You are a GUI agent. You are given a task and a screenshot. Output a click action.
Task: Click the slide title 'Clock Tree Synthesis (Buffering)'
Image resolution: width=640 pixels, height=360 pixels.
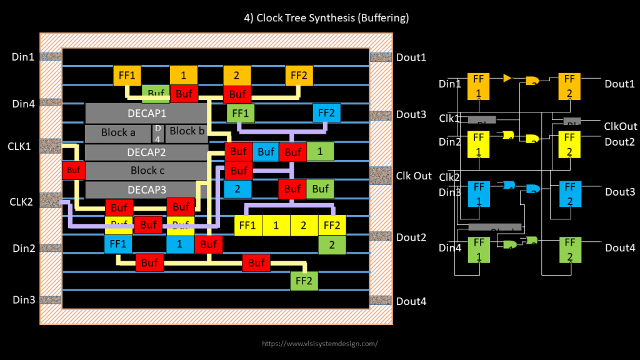[326, 18]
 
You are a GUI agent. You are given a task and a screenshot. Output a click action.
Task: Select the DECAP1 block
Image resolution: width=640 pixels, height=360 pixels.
[146, 113]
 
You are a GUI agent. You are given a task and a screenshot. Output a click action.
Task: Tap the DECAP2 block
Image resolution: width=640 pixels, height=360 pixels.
[146, 152]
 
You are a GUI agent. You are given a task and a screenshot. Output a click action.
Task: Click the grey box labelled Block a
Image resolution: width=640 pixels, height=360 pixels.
[118, 132]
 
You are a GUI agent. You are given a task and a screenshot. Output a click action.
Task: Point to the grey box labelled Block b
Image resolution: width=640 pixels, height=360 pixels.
[187, 131]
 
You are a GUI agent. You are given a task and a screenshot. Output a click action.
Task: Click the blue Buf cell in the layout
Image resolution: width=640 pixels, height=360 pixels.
[266, 151]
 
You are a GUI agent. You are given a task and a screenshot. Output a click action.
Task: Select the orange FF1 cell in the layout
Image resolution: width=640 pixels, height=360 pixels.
[127, 76]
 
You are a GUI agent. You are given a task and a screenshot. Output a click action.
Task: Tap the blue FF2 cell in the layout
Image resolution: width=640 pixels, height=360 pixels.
[326, 113]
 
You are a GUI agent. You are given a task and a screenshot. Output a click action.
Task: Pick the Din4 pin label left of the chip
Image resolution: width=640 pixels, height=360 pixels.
[24, 104]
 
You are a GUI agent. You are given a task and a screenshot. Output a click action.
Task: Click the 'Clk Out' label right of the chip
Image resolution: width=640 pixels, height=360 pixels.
[414, 176]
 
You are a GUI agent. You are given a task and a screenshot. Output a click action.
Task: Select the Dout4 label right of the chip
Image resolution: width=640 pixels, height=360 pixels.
[411, 301]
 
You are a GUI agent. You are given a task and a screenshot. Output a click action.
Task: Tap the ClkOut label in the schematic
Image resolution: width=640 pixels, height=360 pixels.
[621, 126]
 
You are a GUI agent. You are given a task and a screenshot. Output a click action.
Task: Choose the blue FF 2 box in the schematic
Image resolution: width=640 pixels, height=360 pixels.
[569, 193]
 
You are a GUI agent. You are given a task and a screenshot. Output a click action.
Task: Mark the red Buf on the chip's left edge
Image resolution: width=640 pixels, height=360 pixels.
[73, 170]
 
